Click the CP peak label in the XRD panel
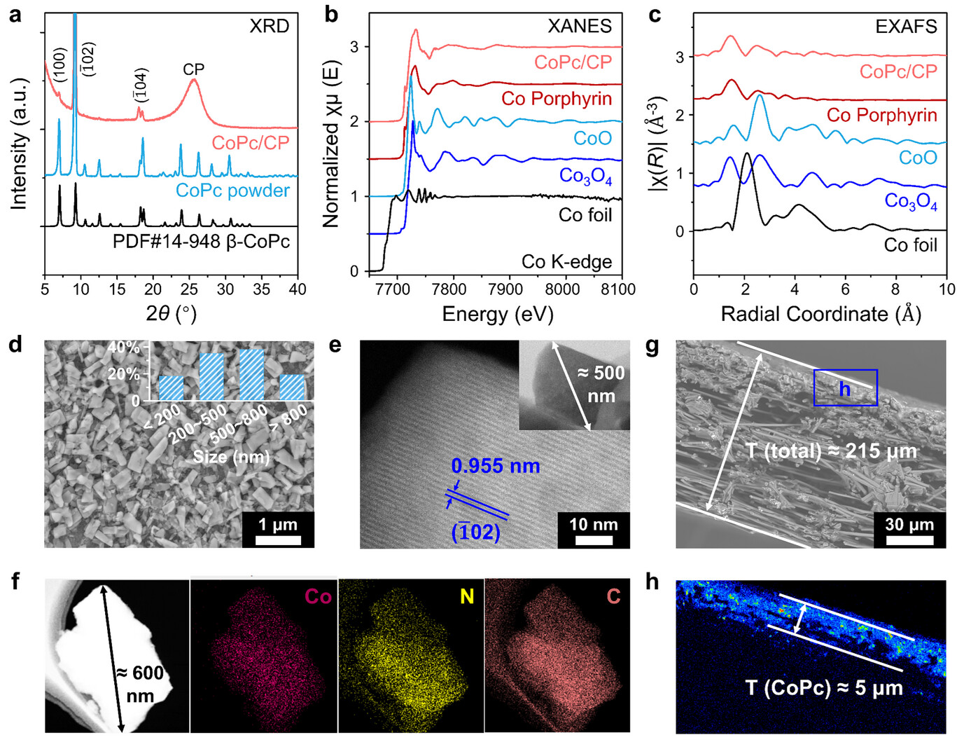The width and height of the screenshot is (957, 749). pyautogui.click(x=193, y=69)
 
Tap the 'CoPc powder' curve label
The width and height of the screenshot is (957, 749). pyautogui.click(x=232, y=191)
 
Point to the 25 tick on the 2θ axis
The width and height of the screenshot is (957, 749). pyautogui.click(x=190, y=288)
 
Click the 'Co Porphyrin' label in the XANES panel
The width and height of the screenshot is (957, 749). pyautogui.click(x=557, y=99)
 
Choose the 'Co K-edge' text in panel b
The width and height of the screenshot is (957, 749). pyautogui.click(x=566, y=262)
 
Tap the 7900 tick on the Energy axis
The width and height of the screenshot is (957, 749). pyautogui.click(x=505, y=289)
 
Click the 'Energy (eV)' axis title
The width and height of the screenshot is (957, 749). pyautogui.click(x=497, y=314)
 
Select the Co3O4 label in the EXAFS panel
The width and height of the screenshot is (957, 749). pyautogui.click(x=910, y=202)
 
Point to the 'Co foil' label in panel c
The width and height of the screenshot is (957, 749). pyautogui.click(x=910, y=245)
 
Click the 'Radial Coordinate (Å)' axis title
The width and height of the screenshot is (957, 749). pyautogui.click(x=820, y=314)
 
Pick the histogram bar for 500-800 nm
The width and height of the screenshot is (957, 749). pyautogui.click(x=251, y=374)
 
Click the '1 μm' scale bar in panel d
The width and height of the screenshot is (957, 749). pyautogui.click(x=278, y=530)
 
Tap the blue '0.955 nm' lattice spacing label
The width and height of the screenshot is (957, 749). pyautogui.click(x=496, y=466)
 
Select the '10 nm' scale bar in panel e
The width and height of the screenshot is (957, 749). pyautogui.click(x=594, y=530)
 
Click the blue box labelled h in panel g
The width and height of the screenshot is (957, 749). pyautogui.click(x=845, y=387)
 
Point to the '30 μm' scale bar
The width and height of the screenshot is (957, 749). pyautogui.click(x=909, y=530)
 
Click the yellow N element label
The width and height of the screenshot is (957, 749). pyautogui.click(x=467, y=596)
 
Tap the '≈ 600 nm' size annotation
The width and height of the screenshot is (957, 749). pyautogui.click(x=141, y=684)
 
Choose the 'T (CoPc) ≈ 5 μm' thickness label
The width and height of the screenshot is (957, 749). pyautogui.click(x=824, y=688)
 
